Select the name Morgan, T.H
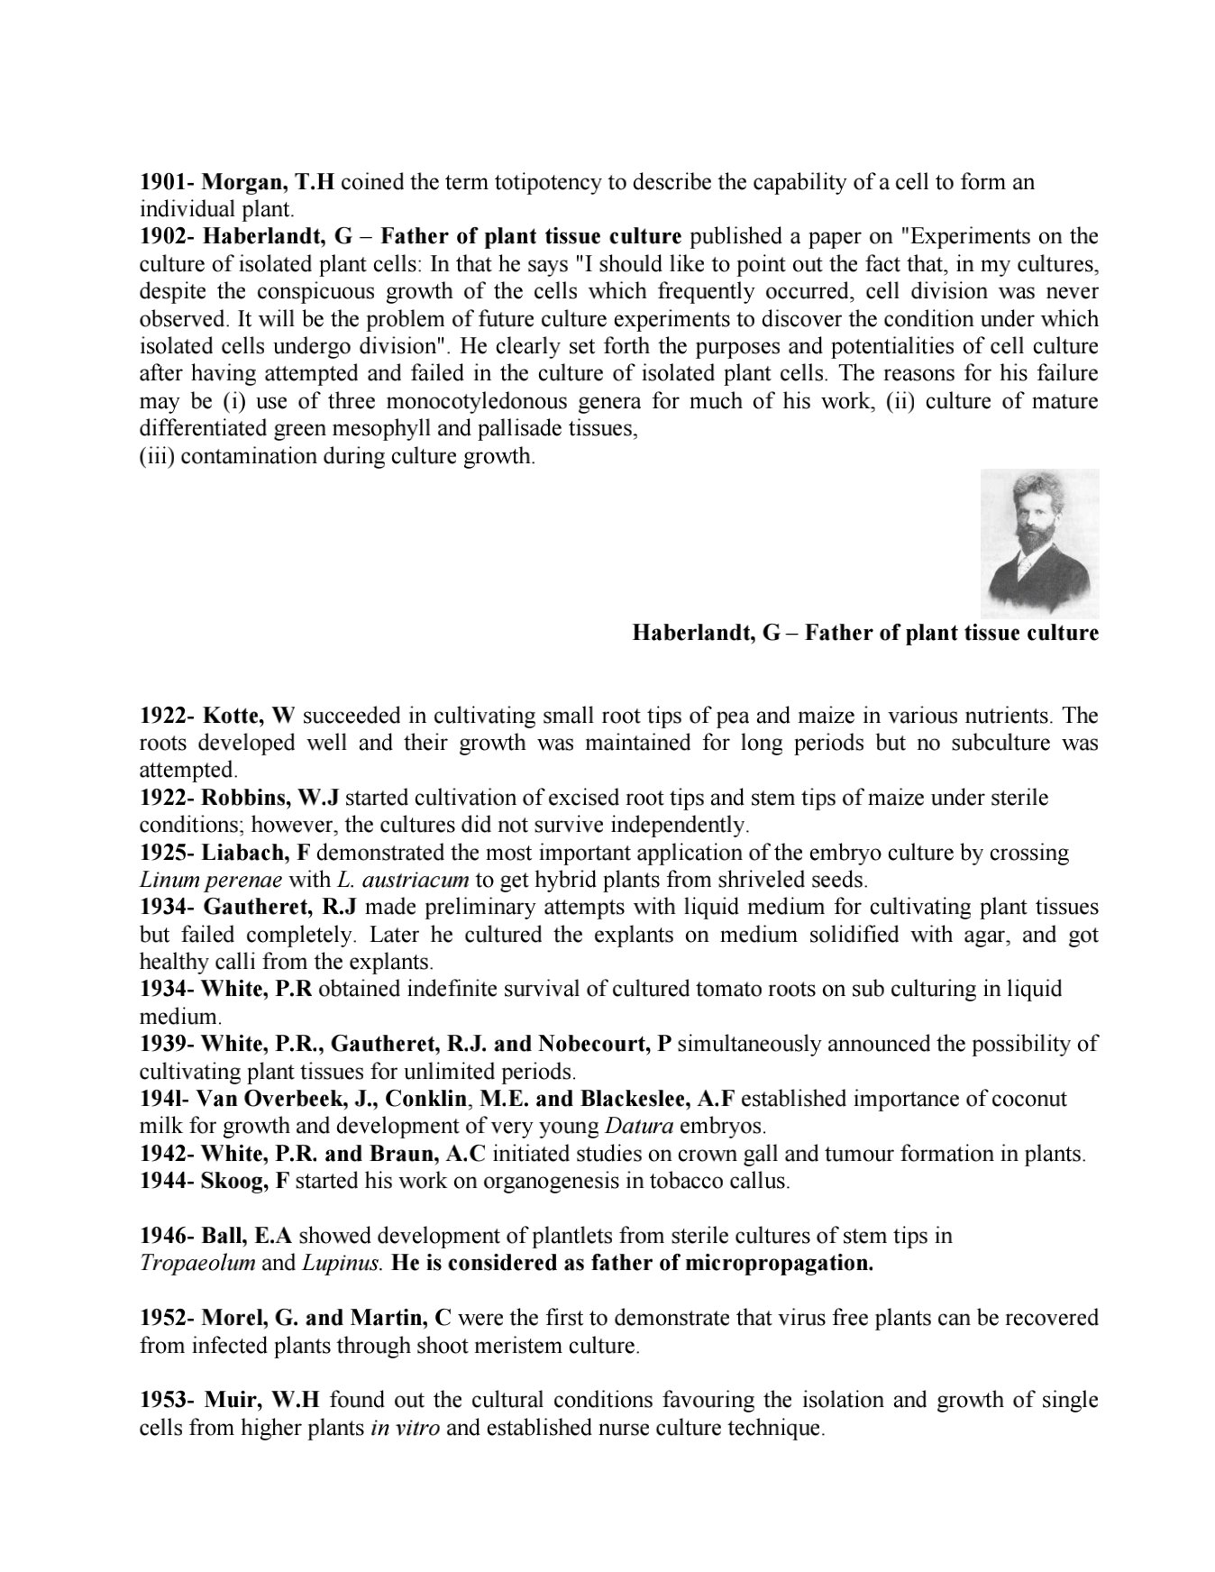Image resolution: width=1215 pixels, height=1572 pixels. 269,182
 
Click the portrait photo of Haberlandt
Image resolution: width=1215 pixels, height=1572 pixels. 1038,543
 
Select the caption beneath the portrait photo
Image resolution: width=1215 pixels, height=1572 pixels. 864,633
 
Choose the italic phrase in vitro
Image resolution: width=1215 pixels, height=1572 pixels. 405,1428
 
